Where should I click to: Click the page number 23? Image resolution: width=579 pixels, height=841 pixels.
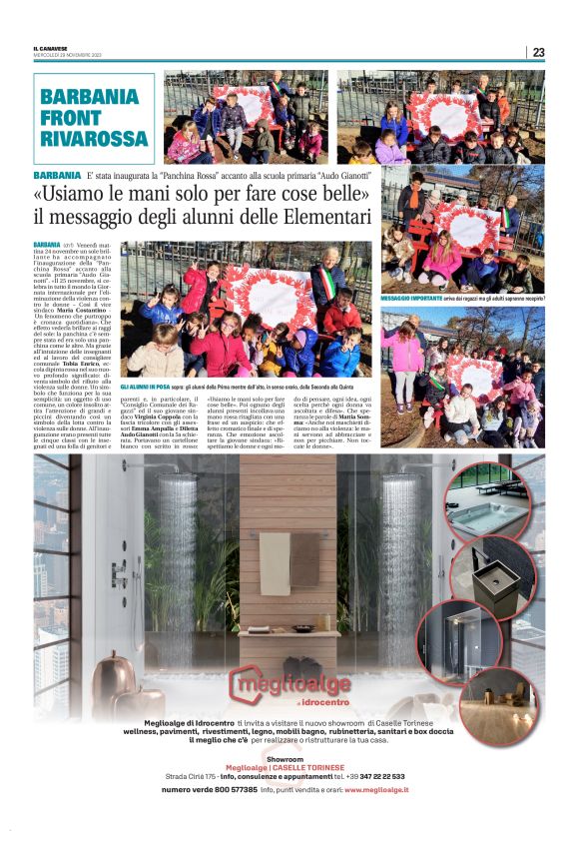538,52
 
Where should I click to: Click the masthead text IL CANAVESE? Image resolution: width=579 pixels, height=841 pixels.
49,48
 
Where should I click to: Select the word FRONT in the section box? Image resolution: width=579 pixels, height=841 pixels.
72,117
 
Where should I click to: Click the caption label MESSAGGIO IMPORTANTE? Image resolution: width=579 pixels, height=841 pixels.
411,298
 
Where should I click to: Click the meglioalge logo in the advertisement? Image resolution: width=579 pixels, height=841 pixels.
289,685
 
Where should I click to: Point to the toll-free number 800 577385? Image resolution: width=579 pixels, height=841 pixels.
229,789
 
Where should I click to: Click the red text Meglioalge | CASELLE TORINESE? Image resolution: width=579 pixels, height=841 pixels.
289,766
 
